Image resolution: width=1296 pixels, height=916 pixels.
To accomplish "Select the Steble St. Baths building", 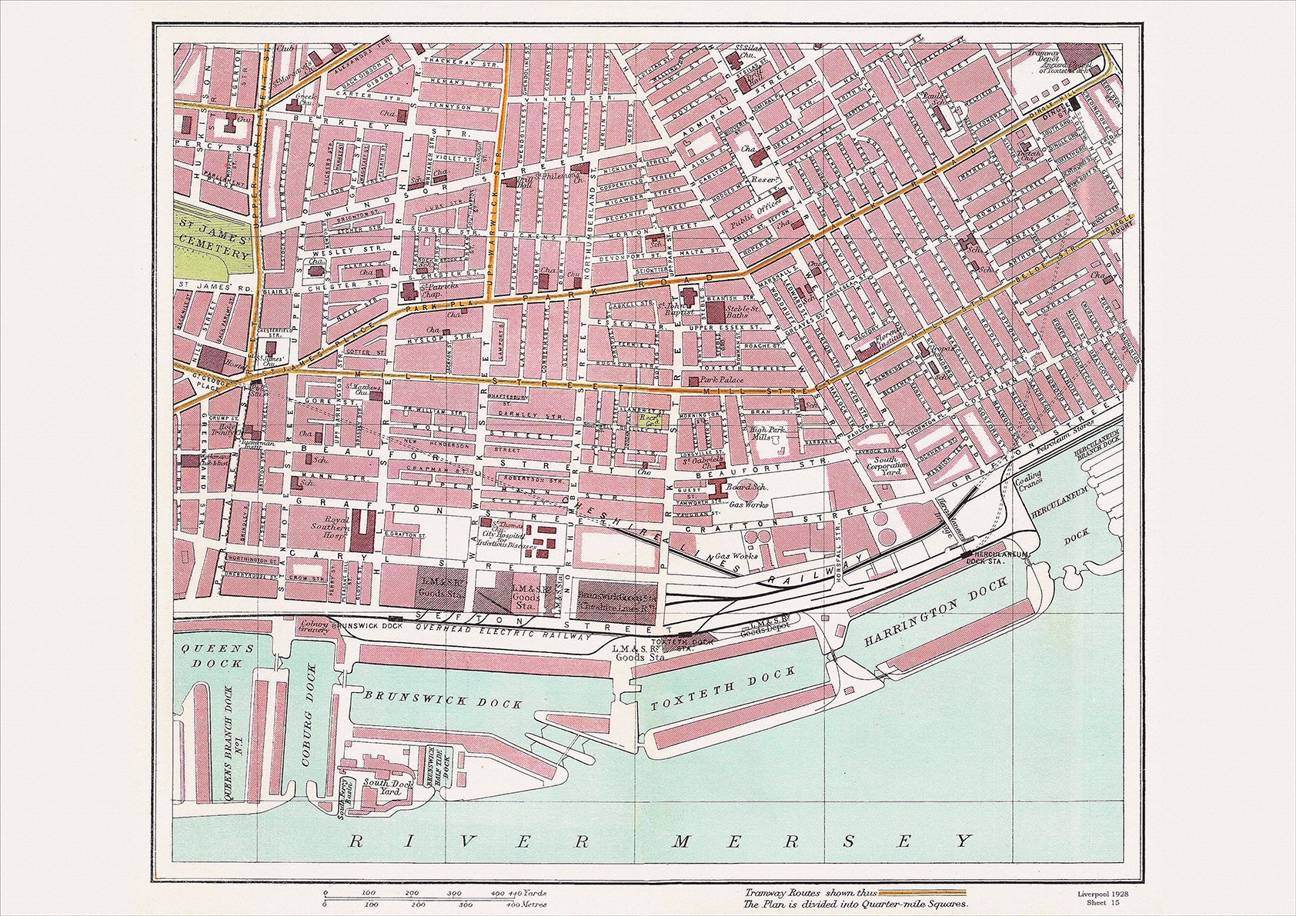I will [x=716, y=312].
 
